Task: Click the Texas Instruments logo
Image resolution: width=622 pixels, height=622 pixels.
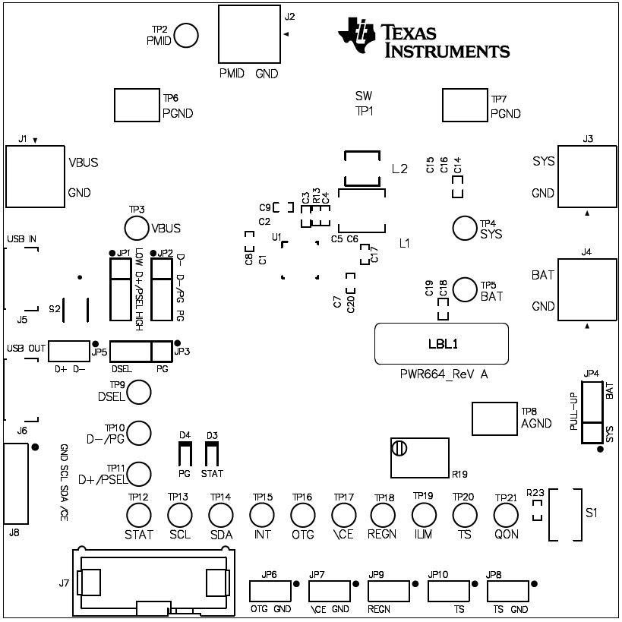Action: (x=424, y=38)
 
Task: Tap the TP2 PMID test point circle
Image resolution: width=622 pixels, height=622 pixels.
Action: (x=186, y=35)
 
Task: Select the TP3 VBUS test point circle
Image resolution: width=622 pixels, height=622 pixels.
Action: (x=136, y=227)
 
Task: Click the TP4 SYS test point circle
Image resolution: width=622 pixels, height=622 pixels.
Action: (x=464, y=227)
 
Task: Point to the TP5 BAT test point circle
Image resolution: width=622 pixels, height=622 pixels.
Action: (x=465, y=289)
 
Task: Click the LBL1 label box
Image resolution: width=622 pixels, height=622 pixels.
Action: (x=441, y=343)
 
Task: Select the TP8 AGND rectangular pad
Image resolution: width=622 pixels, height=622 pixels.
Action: (x=494, y=418)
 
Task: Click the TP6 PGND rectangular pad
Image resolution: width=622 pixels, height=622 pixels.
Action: (x=136, y=105)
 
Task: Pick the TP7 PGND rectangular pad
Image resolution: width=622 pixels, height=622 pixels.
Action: (x=464, y=105)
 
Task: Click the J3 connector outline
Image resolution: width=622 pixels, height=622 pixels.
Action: (x=586, y=175)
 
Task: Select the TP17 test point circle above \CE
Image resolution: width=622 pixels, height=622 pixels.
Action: (x=343, y=515)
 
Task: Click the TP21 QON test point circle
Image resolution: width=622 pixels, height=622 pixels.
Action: (x=505, y=516)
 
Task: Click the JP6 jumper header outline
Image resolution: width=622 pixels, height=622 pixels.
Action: (x=270, y=593)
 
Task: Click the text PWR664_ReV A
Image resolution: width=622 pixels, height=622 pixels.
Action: (x=443, y=374)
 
